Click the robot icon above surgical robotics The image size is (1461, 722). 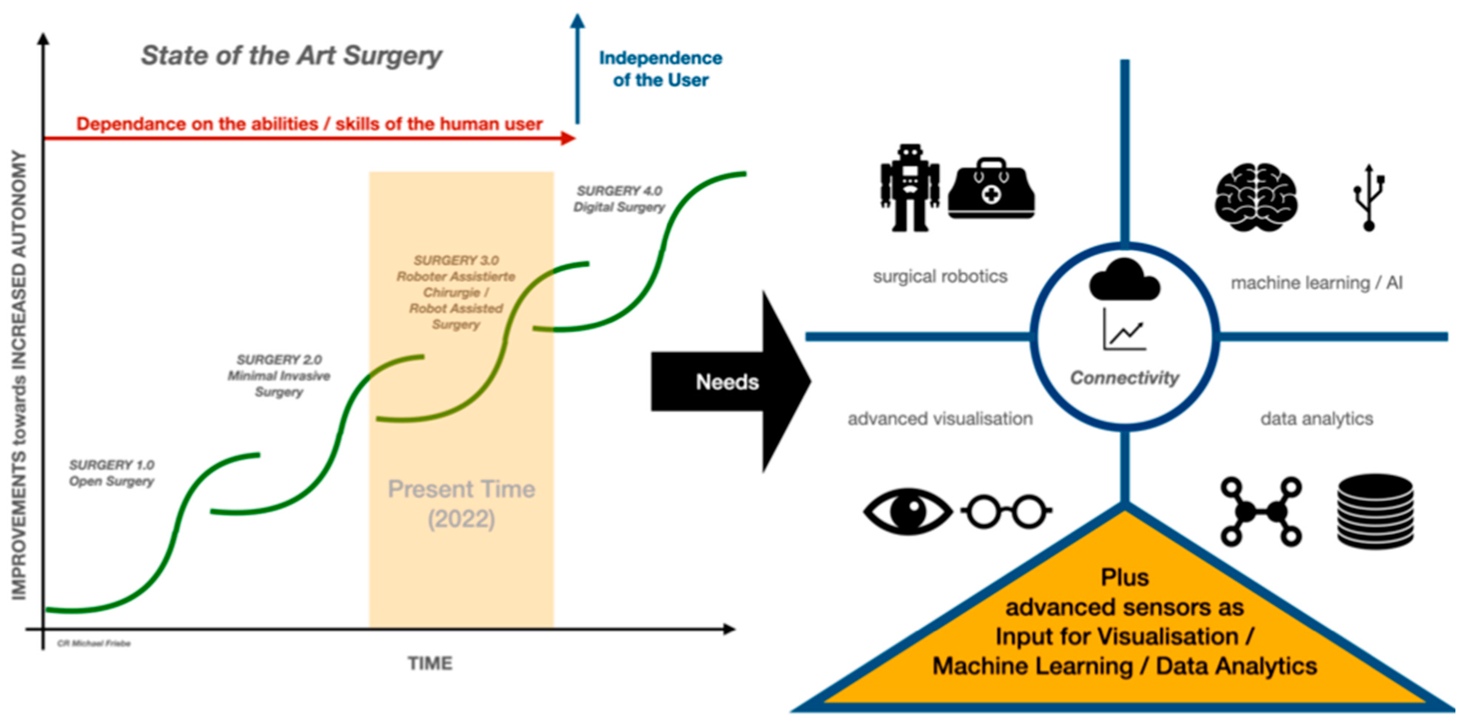click(910, 188)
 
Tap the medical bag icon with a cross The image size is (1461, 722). click(991, 190)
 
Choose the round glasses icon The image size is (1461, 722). click(1007, 511)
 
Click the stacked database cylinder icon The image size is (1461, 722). click(1375, 512)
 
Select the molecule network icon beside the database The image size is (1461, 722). click(1261, 512)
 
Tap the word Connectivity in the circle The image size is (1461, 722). click(1124, 377)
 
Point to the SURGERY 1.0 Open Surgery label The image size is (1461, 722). click(112, 473)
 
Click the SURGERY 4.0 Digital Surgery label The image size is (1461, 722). click(619, 199)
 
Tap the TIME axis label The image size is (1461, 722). click(430, 663)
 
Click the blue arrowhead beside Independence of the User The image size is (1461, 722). click(577, 21)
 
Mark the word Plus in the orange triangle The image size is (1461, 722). click(1124, 577)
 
